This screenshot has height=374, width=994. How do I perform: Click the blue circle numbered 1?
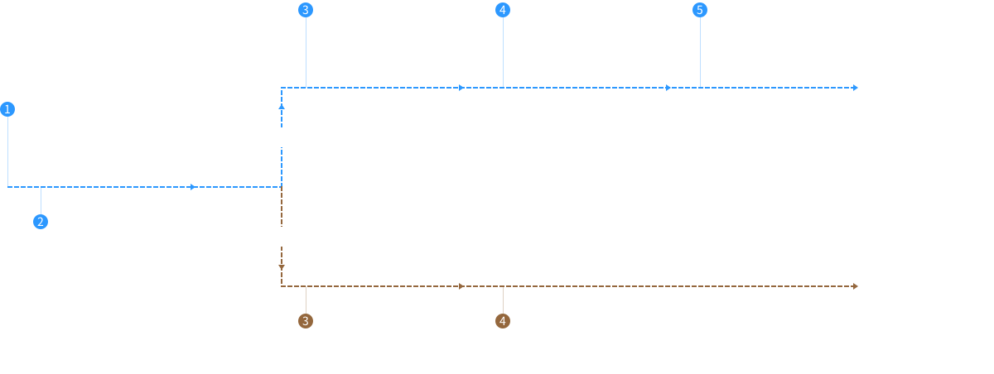7,109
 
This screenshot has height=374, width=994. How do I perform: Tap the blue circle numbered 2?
41,222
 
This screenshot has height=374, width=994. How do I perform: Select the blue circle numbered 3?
306,10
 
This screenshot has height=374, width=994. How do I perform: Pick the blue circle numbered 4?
502,10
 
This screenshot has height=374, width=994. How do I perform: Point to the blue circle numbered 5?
700,10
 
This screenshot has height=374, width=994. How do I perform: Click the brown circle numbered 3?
306,321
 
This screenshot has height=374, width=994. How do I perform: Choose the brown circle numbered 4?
502,321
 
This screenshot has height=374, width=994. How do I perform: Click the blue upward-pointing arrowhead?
282,107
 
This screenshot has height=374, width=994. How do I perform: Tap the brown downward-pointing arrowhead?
282,267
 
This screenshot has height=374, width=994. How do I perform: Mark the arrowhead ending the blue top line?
855,88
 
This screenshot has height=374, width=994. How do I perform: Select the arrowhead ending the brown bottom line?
855,286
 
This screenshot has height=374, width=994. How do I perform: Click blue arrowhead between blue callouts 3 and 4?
461,88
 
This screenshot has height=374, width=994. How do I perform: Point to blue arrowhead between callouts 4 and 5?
668,88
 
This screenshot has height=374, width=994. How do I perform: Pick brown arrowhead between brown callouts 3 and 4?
461,286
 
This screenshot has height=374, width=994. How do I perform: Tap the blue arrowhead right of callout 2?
192,187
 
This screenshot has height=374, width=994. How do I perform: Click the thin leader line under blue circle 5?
700,52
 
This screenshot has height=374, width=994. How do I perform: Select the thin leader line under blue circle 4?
503,52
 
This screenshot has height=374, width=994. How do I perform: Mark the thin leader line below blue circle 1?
7,151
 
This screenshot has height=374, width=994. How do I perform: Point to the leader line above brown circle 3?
306,300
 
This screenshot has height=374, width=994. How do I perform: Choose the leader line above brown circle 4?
503,300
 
